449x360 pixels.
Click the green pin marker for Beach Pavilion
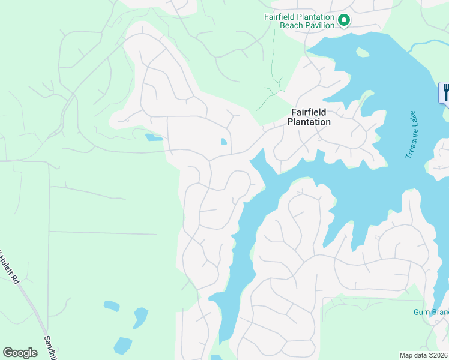coord(344,20)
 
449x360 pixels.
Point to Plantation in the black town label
coord(309,122)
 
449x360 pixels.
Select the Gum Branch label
coord(431,312)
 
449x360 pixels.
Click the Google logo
coord(20,353)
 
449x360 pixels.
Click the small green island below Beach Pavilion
coord(362,52)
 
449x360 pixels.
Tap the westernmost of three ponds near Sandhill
coord(112,306)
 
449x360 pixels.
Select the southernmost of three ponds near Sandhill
coord(123,346)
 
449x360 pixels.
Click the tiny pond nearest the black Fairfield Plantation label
coord(224,142)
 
